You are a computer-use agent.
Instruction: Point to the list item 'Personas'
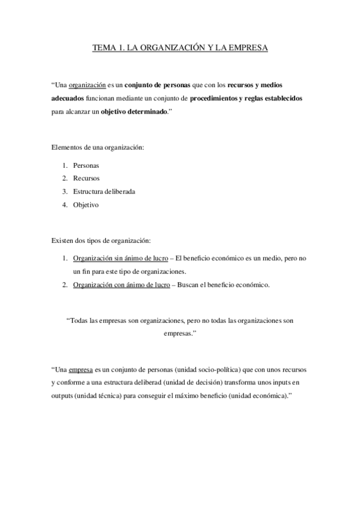click(86, 165)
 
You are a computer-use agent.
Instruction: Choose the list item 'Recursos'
click(86, 178)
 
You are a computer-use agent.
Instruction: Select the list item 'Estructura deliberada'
click(104, 191)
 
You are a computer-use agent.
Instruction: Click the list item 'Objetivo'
click(85, 204)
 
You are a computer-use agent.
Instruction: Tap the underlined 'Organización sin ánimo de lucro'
click(120, 258)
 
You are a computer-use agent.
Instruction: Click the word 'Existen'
click(62, 241)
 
